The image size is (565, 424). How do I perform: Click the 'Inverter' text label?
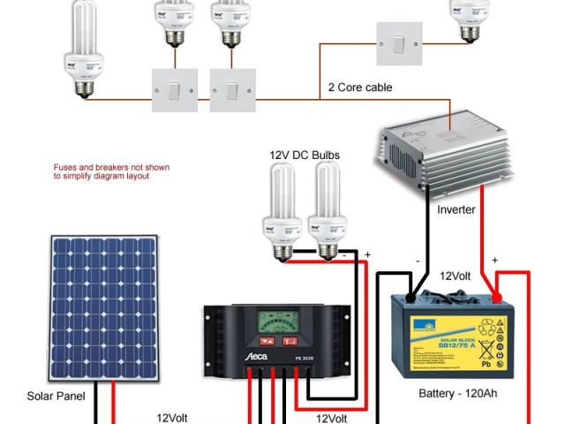coord(456,210)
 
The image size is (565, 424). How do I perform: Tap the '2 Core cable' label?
coord(360,87)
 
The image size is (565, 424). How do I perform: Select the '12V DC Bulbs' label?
coord(305,155)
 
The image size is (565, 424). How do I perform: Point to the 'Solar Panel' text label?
coord(56,397)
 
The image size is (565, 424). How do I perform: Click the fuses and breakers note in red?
coord(110,171)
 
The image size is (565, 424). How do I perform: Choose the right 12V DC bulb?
coord(328,210)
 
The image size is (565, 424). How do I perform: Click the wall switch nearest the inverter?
coord(399,43)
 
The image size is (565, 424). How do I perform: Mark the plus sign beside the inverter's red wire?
coord(494,260)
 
